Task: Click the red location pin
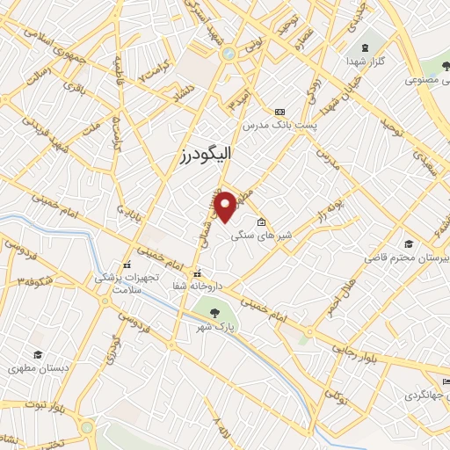click(226, 206)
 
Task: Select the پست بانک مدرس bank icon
click(279, 112)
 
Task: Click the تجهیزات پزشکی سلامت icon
click(127, 265)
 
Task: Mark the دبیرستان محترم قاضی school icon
click(407, 243)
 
